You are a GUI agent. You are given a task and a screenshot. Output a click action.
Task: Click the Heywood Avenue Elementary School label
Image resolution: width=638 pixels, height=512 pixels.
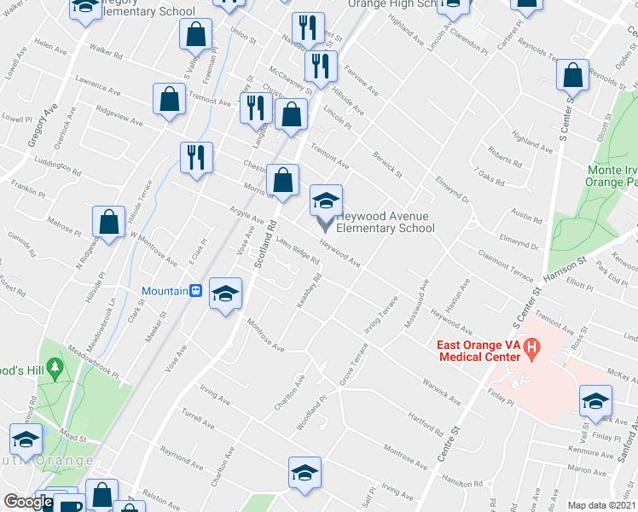pyautogui.click(x=386, y=222)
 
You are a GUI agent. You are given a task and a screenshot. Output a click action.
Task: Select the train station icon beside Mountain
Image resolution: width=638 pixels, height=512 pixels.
pyautogui.click(x=195, y=291)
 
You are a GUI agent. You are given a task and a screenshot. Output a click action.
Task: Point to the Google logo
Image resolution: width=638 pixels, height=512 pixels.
pyautogui.click(x=28, y=502)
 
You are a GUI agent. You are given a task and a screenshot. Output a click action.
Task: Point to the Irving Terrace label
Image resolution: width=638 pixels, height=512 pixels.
pyautogui.click(x=382, y=314)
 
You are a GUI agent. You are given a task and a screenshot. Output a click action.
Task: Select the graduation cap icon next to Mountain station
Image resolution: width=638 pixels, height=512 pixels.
pyautogui.click(x=225, y=294)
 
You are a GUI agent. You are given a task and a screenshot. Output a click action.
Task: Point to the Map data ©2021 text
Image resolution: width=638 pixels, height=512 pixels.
pyautogui.click(x=602, y=504)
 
